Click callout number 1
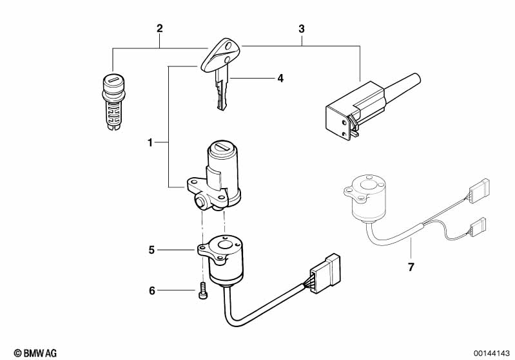[150, 143]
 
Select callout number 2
[160, 28]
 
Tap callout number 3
[302, 29]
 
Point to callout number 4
[280, 78]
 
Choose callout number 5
[151, 250]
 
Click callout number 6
[151, 290]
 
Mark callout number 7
[411, 267]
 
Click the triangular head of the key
[220, 55]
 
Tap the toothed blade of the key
[222, 90]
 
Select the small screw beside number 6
[202, 290]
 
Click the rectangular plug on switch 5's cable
[325, 273]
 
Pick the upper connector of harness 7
[479, 191]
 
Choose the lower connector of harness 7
[478, 227]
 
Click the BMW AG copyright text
[35, 353]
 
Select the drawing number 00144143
[491, 354]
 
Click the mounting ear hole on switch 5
[202, 247]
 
